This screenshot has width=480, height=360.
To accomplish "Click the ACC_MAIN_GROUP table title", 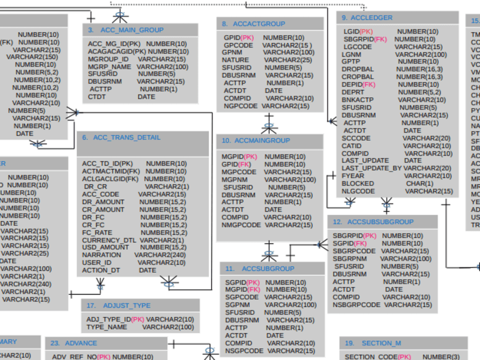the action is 132,30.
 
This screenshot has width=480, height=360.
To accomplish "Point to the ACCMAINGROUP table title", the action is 262,141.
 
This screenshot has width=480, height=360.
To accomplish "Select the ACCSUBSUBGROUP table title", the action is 380,222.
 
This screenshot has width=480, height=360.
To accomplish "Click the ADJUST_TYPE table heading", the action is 126,305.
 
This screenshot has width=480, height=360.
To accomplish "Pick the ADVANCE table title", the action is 81,343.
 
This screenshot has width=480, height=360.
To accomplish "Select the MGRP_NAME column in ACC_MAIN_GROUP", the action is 109,67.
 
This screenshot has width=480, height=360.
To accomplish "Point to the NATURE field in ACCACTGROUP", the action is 235,60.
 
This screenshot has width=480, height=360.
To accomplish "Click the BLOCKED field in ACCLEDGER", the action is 358,183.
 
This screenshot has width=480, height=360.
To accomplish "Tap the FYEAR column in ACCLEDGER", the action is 353,176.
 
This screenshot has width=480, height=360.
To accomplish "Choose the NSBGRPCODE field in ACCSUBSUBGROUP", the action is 357,304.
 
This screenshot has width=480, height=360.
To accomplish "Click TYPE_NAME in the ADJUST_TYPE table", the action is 107,327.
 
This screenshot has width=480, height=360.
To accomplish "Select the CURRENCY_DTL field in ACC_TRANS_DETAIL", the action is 109,240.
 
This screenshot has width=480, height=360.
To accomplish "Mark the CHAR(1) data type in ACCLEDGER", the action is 419,183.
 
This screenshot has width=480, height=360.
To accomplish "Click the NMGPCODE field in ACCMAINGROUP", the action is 241,225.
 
